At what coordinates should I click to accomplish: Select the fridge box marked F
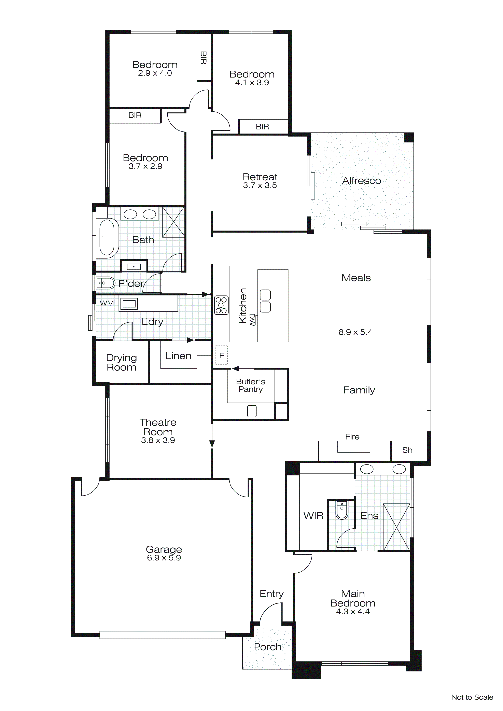[221, 355]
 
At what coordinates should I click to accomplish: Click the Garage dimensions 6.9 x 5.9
[164, 558]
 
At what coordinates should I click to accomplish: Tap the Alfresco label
[361, 181]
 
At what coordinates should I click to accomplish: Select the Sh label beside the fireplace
[407, 450]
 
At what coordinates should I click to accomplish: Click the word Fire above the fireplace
[352, 437]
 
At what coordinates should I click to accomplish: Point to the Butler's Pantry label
[251, 386]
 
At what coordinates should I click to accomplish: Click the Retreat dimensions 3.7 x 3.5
[260, 185]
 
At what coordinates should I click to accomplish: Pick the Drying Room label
[121, 363]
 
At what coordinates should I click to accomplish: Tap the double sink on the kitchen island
[265, 301]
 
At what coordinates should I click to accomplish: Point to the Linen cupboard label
[178, 356]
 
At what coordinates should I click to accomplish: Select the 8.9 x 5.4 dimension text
[355, 332]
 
